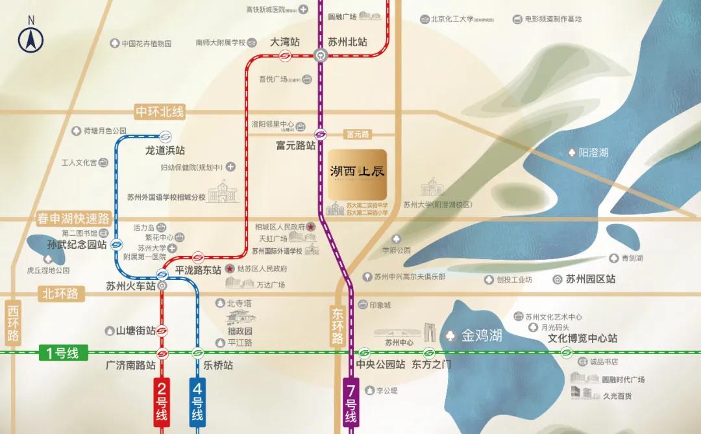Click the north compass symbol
click(x=31, y=38)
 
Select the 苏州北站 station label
click(x=347, y=42)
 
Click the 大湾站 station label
click(x=285, y=42)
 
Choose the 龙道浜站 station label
click(x=165, y=151)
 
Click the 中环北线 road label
click(x=159, y=112)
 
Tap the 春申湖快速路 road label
click(x=73, y=218)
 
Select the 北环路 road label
click(x=62, y=294)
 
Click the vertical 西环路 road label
click(x=14, y=322)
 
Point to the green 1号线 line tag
click(x=62, y=353)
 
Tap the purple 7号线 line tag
click(x=350, y=403)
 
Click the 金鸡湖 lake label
click(x=482, y=336)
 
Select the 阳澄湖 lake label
click(x=593, y=153)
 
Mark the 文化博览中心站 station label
click(x=582, y=338)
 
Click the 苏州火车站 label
click(x=131, y=285)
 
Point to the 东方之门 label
click(x=431, y=364)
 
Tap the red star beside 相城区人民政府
click(x=310, y=227)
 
